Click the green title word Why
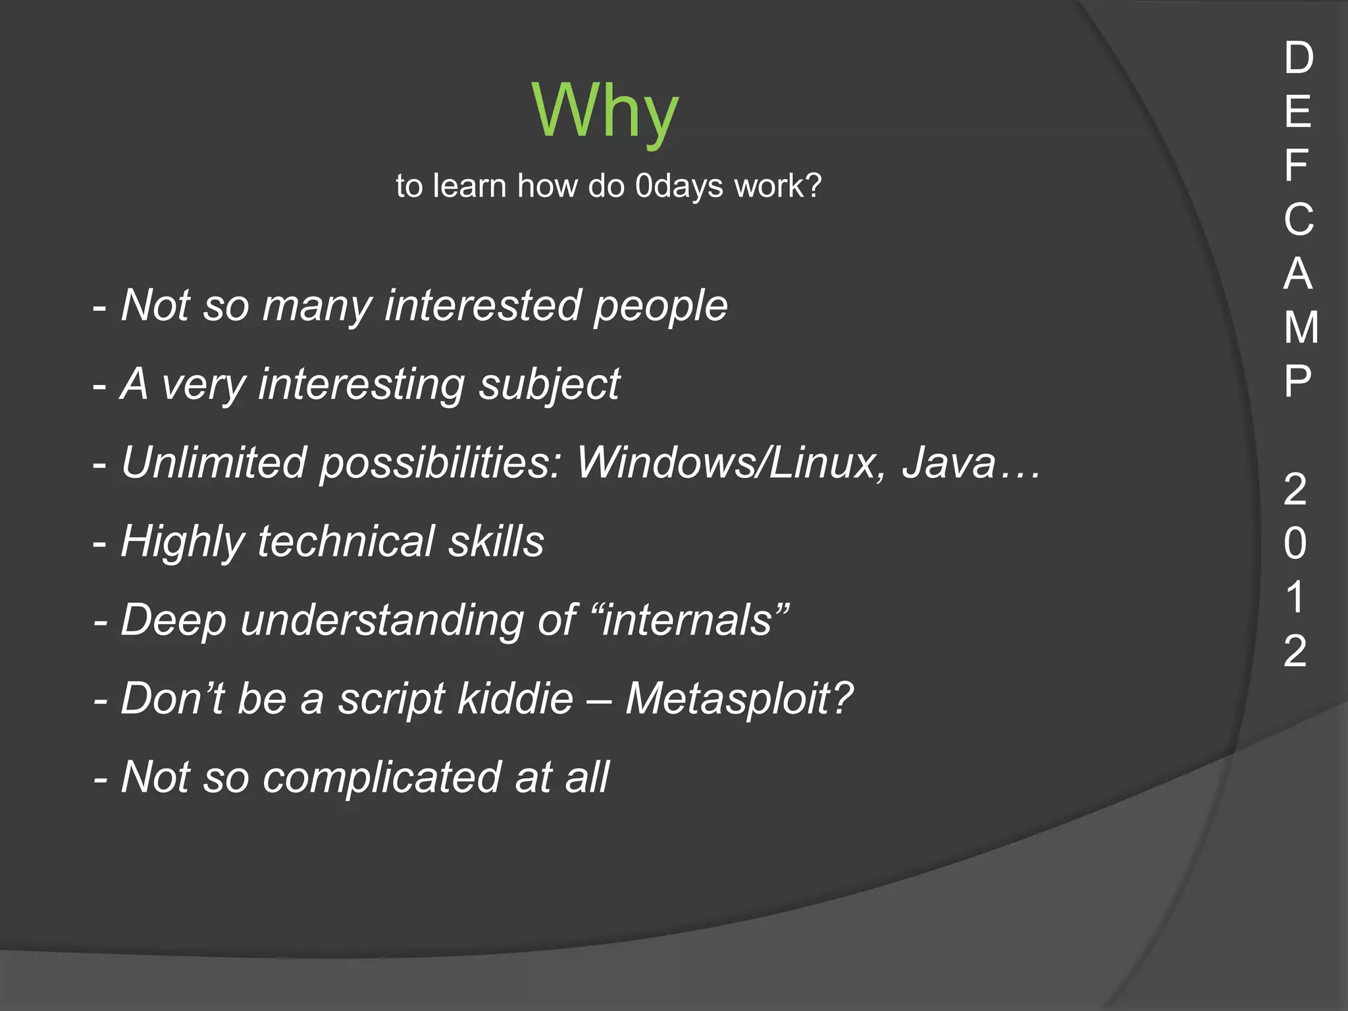(x=605, y=112)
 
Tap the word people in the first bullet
(x=660, y=307)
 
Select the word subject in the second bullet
(x=549, y=385)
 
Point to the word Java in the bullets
(x=949, y=463)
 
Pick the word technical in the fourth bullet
(x=346, y=542)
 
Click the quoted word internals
(x=688, y=620)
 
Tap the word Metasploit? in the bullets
(x=739, y=699)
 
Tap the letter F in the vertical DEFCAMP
(x=1296, y=165)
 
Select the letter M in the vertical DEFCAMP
(x=1301, y=327)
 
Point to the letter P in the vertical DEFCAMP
(x=1297, y=381)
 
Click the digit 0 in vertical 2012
(x=1295, y=544)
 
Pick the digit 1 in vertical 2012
(x=1295, y=597)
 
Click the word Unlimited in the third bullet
(x=213, y=463)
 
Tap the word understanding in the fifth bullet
(x=381, y=620)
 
